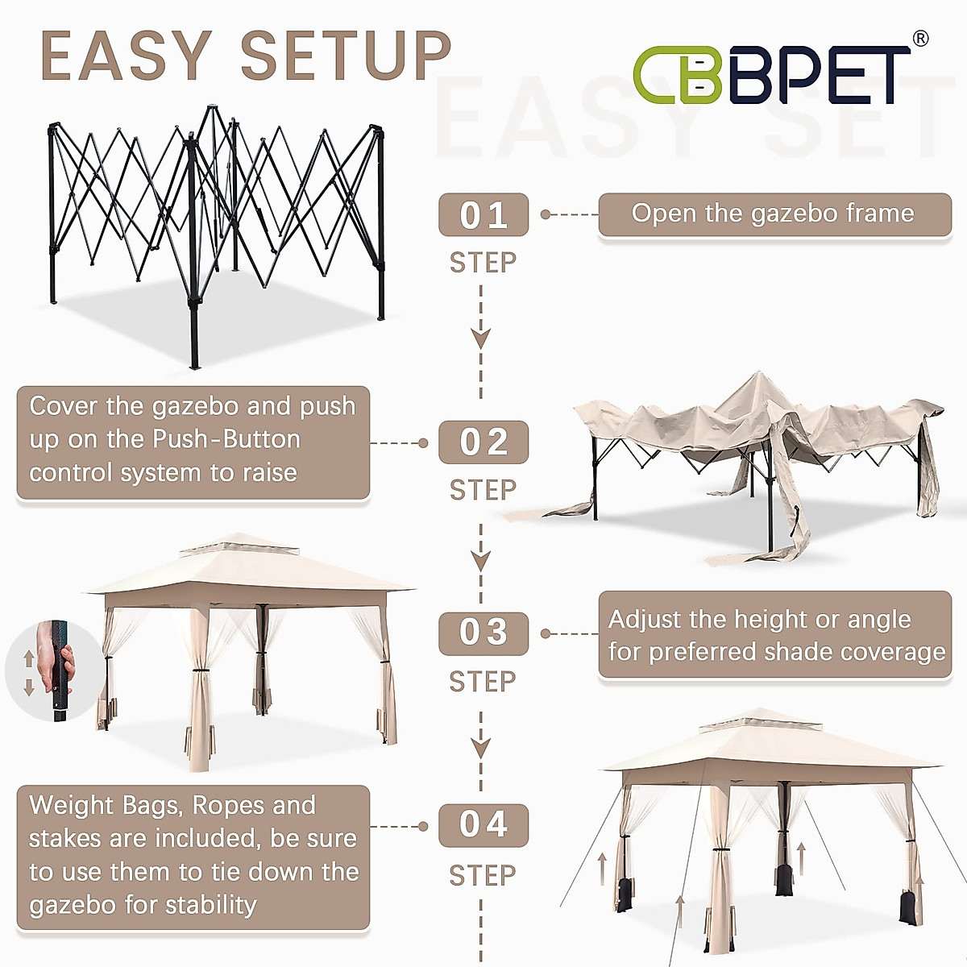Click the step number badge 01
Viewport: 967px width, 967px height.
[x=483, y=215]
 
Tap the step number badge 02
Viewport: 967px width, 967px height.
[x=483, y=442]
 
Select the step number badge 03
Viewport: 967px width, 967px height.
[x=483, y=633]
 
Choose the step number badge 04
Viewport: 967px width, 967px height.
[x=483, y=825]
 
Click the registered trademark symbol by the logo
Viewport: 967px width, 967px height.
[x=919, y=38]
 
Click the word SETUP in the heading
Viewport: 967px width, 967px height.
[x=347, y=56]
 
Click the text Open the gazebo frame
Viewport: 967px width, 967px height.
[x=773, y=214]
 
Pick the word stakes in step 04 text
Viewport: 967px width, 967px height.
[x=65, y=839]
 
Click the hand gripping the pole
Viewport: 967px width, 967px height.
[x=66, y=661]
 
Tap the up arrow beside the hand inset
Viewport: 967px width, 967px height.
[x=29, y=658]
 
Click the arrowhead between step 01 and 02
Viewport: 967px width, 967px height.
[x=481, y=338]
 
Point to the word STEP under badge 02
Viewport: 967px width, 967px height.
[x=483, y=490]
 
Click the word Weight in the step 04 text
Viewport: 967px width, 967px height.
[x=73, y=805]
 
